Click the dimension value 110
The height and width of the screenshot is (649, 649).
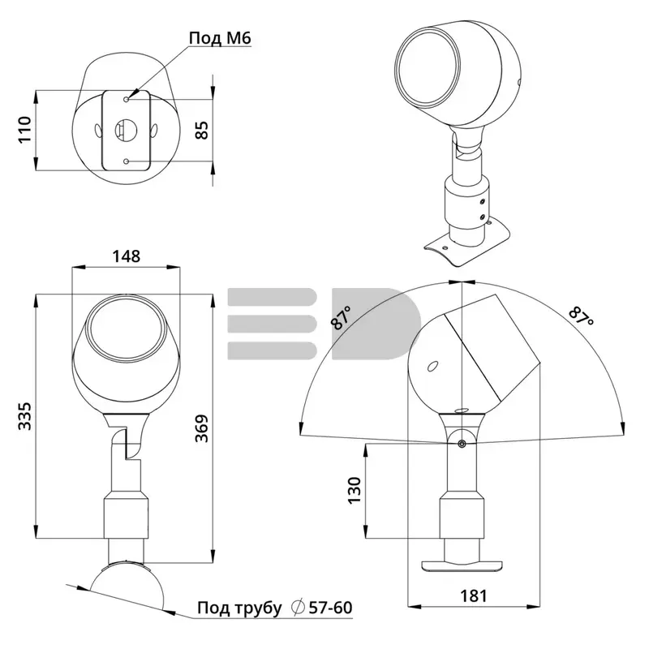pos(25,130)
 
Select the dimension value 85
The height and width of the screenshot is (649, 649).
pos(202,130)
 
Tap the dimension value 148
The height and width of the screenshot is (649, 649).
pos(127,256)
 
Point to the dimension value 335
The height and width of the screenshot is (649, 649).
pos(25,415)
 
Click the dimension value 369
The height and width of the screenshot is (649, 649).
pos(202,428)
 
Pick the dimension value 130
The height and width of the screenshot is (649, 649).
pos(355,490)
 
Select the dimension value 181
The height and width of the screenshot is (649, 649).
pos(474,595)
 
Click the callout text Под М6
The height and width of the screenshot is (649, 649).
pos(220,38)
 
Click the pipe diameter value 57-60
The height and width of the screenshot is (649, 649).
pos(330,608)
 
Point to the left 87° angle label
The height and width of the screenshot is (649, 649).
pos(342,318)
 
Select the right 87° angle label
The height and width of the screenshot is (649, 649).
pos(581,316)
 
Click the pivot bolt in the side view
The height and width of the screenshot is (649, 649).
pos(462,444)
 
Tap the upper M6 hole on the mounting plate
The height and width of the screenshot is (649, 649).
pos(127,99)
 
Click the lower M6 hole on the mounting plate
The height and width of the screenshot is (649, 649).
pos(127,161)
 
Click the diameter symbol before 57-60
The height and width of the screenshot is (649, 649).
pos(298,608)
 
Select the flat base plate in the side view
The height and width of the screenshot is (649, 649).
pos(462,565)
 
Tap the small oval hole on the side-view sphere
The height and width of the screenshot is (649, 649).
pos(433,367)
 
